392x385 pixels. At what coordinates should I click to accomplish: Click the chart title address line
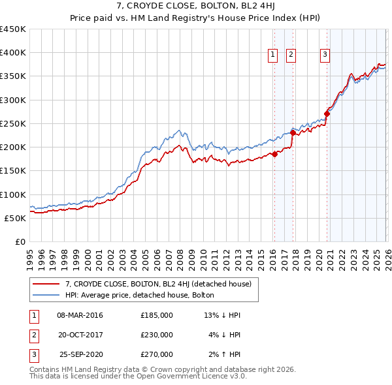[x=196, y=7]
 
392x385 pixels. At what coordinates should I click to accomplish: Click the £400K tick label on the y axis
[x=13, y=53]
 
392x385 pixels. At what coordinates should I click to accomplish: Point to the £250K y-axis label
[x=13, y=123]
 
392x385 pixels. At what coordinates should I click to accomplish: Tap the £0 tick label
[x=20, y=241]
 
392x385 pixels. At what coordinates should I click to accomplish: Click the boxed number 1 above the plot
[x=272, y=55]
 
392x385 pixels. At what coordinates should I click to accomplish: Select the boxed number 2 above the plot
[x=291, y=55]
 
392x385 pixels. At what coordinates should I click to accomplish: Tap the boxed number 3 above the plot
[x=325, y=55]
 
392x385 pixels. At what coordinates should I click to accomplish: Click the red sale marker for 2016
[x=274, y=155]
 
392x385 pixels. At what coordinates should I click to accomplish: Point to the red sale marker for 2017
[x=293, y=133]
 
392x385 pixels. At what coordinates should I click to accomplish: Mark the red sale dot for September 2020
[x=327, y=114]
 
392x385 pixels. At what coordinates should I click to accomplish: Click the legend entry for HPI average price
[x=144, y=295]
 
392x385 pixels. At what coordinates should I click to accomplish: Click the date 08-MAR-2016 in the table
[x=80, y=315]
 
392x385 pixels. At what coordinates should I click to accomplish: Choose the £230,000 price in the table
[x=157, y=335]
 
